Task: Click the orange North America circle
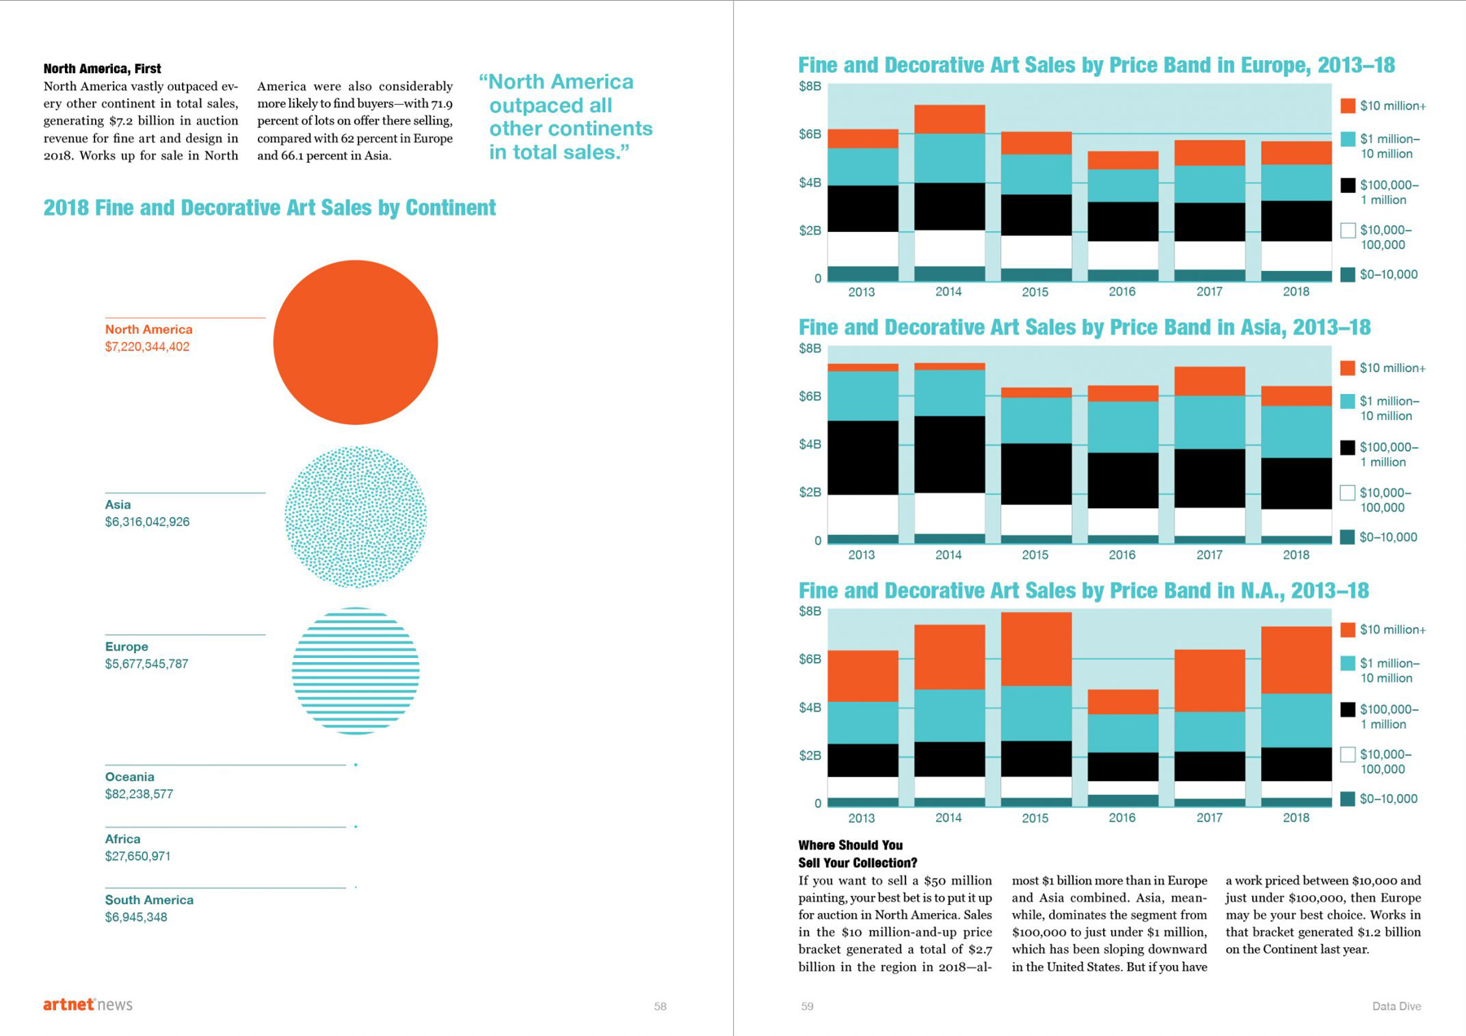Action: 355,342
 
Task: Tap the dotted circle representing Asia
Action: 355,517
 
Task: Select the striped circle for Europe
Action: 355,671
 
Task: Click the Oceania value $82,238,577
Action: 139,794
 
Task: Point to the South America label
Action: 149,900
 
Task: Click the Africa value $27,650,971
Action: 137,856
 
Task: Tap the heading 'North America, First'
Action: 102,68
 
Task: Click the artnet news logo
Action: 88,1005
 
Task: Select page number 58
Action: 660,1006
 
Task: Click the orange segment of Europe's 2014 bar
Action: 949,119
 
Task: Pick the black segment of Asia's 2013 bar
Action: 862,457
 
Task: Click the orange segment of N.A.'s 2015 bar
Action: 1035,648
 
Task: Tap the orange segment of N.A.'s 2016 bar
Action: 1122,702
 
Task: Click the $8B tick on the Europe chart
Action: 810,86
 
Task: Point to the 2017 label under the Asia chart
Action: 1209,555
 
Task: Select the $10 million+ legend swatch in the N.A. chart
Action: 1348,630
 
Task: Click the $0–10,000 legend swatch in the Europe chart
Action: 1348,275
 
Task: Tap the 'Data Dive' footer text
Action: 1396,1006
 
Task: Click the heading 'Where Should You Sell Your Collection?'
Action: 857,854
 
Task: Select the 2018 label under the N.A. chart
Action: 1296,817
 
